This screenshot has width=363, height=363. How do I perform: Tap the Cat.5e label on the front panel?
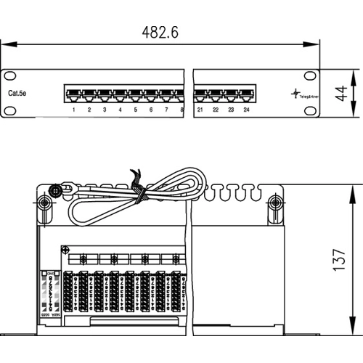tap(19, 94)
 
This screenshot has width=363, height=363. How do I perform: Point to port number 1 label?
tap(74, 110)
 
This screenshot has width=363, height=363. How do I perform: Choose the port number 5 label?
tap(135, 110)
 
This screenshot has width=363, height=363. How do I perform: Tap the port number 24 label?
tap(247, 110)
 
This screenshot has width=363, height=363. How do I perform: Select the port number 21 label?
tap(200, 110)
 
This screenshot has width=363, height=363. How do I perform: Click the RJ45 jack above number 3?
tap(105, 94)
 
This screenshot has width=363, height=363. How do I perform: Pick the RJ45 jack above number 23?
tap(231, 94)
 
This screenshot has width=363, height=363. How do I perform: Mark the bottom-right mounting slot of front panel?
tap(310, 110)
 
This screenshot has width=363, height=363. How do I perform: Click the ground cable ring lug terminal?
tap(53, 193)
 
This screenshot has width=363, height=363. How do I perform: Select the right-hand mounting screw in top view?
tap(274, 204)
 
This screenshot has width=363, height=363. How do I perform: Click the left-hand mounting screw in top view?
tap(44, 204)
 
